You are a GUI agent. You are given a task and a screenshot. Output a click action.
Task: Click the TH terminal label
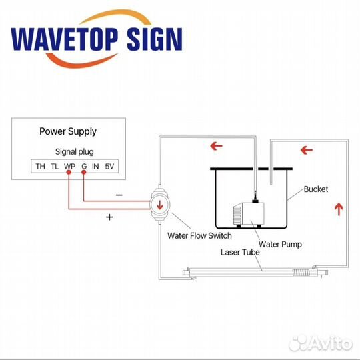pyautogui.click(x=40, y=166)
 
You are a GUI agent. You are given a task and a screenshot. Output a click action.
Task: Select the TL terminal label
pyautogui.click(x=55, y=166)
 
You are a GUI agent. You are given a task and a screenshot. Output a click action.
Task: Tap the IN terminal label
pyautogui.click(x=95, y=166)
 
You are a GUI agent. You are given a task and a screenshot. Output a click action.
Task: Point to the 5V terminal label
pyautogui.click(x=109, y=166)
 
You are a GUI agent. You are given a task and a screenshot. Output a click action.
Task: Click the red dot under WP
pyautogui.click(x=69, y=172)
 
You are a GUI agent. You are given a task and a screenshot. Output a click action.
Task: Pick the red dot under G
pyautogui.click(x=84, y=172)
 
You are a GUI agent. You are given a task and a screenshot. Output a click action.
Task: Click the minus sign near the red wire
pyautogui.click(x=119, y=195)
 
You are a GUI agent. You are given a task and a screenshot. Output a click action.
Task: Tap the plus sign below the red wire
pyautogui.click(x=109, y=217)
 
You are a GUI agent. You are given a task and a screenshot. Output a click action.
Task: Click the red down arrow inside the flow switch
pyautogui.click(x=160, y=205)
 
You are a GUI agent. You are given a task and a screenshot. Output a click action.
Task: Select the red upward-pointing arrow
pyautogui.click(x=339, y=209)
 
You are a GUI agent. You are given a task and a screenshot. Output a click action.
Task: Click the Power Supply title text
pyautogui.click(x=68, y=132)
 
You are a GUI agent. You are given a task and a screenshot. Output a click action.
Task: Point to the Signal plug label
pyautogui.click(x=75, y=152)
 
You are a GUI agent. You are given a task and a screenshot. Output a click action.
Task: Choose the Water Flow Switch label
pyautogui.click(x=199, y=235)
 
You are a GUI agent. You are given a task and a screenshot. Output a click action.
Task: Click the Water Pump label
pyautogui.click(x=280, y=245)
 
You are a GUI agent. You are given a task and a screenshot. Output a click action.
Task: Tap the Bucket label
pyautogui.click(x=316, y=189)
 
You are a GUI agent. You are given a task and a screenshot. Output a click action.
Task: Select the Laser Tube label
pyautogui.click(x=240, y=252)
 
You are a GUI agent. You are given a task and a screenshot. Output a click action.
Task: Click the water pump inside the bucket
pyautogui.click(x=249, y=214)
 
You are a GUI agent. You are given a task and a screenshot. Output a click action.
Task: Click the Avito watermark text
pyautogui.click(x=330, y=343)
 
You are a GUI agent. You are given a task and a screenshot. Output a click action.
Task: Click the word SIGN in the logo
pyautogui.click(x=155, y=39)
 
